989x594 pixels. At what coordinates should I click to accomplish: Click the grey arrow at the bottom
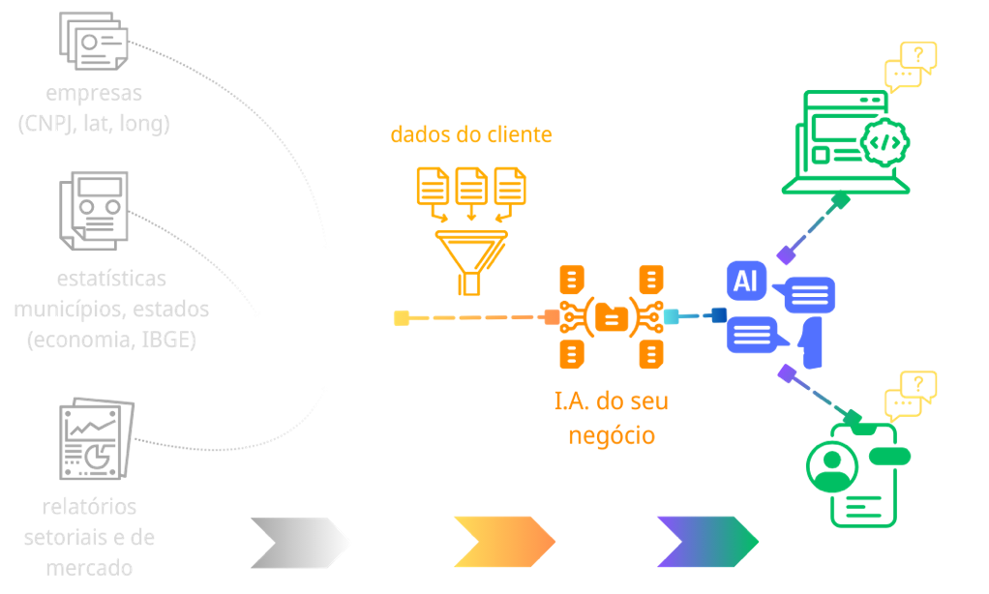coord(301,542)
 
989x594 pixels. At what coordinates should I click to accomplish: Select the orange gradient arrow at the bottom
coord(504,542)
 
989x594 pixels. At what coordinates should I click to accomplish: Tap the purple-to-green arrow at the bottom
coord(707,542)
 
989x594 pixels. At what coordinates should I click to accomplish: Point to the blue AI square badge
coord(746,281)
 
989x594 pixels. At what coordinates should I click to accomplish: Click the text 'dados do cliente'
coord(471,134)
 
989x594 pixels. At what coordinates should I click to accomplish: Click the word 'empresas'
coord(93,94)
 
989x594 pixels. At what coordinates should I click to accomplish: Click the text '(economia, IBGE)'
coord(111,340)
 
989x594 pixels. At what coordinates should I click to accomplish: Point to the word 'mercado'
coord(89,567)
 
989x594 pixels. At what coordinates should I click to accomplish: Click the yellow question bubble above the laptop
coord(911,66)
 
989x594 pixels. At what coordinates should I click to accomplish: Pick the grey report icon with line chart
coord(94,440)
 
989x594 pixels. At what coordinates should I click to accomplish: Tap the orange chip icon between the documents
coord(612,315)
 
